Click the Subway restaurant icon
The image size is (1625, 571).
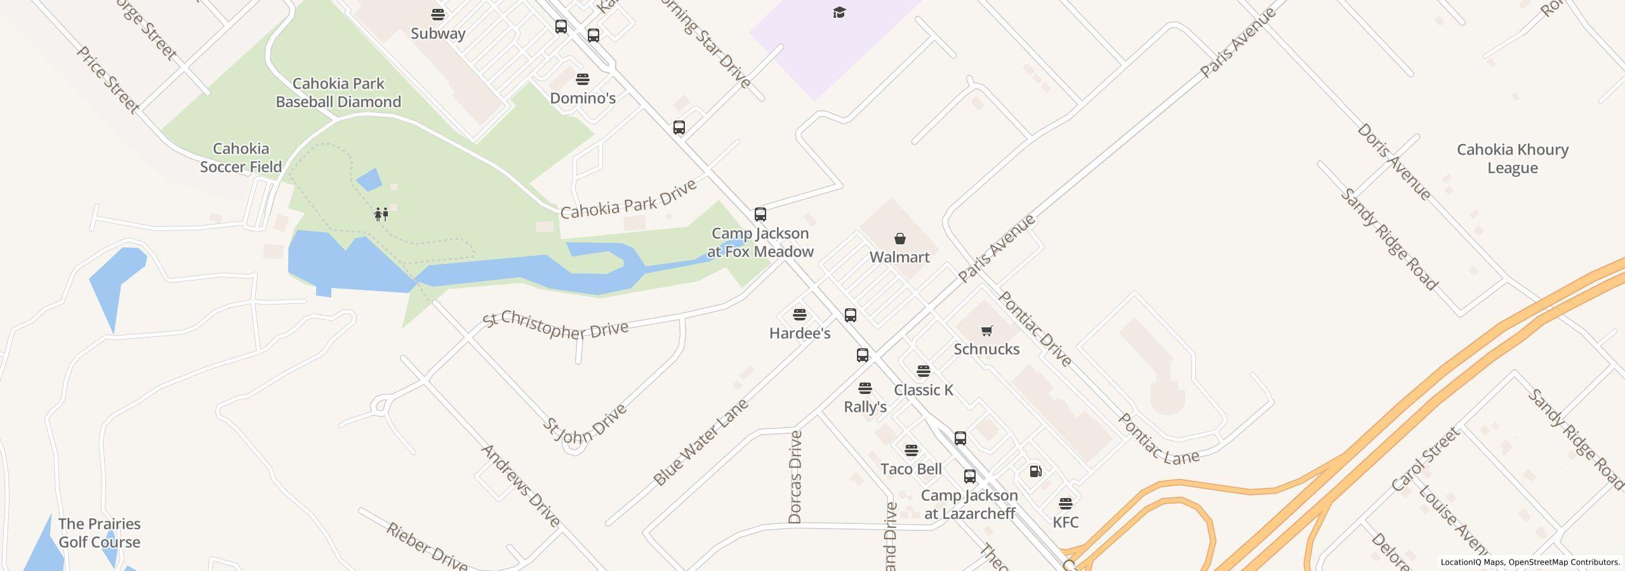point(438,14)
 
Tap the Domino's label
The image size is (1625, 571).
point(583,98)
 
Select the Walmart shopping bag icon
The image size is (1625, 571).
point(899,239)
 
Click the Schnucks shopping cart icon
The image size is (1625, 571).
point(986,331)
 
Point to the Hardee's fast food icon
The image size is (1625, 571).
point(800,315)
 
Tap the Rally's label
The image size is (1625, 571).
point(865,407)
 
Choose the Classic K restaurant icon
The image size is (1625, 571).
point(924,371)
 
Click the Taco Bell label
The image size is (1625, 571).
point(911,469)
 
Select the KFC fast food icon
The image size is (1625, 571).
point(1066,504)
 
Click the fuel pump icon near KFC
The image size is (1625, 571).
point(1035,471)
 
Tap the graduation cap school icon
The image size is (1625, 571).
point(839,13)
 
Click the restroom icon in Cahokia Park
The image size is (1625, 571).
point(381,214)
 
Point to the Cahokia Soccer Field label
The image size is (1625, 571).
point(241,158)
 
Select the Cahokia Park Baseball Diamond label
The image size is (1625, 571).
point(338,93)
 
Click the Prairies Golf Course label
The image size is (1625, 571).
point(100,533)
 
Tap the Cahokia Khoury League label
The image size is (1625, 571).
point(1512,159)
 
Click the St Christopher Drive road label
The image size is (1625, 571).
point(555,326)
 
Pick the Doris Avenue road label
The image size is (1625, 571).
point(1394,162)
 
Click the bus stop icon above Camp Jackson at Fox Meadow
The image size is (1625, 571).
point(760,214)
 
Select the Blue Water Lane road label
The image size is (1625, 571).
point(701,442)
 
